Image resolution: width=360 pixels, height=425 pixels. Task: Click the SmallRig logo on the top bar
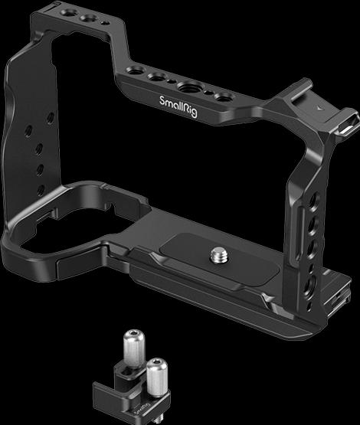click(178, 106)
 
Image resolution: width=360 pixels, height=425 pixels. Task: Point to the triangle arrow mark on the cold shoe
click(320, 108)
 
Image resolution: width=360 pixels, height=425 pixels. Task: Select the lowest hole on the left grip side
click(41, 190)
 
